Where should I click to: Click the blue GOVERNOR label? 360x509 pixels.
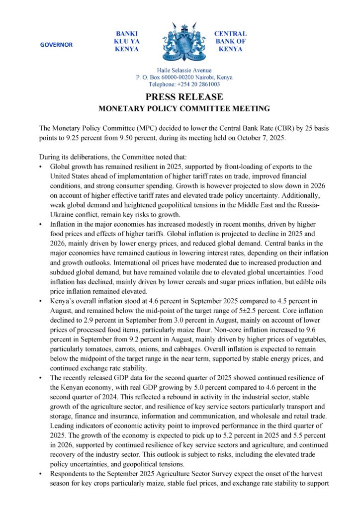coord(56,45)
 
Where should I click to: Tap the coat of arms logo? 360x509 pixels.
coord(180,42)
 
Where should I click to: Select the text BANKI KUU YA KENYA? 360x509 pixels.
coord(126,42)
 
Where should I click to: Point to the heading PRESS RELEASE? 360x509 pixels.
coord(184,97)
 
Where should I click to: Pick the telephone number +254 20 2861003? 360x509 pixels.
coord(199,85)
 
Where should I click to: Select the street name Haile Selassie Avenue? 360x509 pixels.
coord(184,71)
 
